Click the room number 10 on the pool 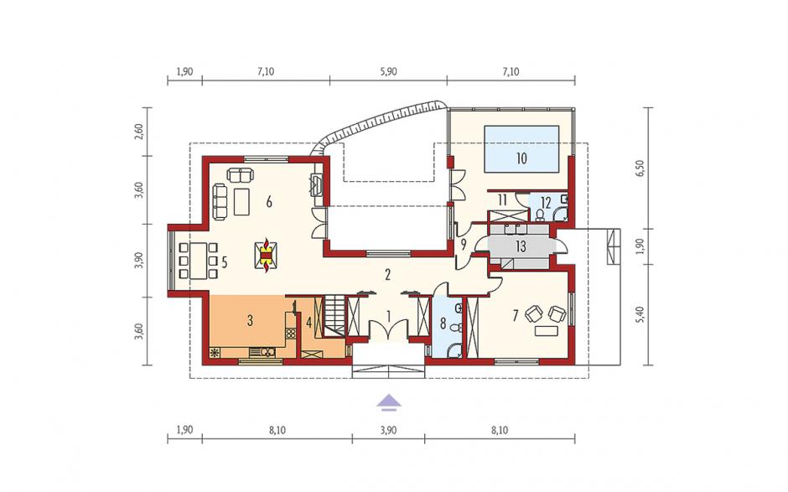(x=521, y=158)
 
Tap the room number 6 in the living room (x=269, y=203)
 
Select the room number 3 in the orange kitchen (x=250, y=321)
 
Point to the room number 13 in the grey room (x=521, y=246)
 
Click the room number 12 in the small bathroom (x=546, y=204)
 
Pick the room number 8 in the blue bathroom (x=443, y=324)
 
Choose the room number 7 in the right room (x=515, y=316)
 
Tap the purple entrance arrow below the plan (x=387, y=402)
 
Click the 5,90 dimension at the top (x=388, y=71)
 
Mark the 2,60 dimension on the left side (x=139, y=132)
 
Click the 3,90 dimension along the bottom (x=388, y=430)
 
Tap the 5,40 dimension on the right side (x=640, y=313)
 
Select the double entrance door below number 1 (x=388, y=330)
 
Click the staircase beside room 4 (x=334, y=317)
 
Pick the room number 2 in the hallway (x=387, y=275)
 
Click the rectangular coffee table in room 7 (x=545, y=331)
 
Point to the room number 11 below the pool (x=502, y=200)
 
